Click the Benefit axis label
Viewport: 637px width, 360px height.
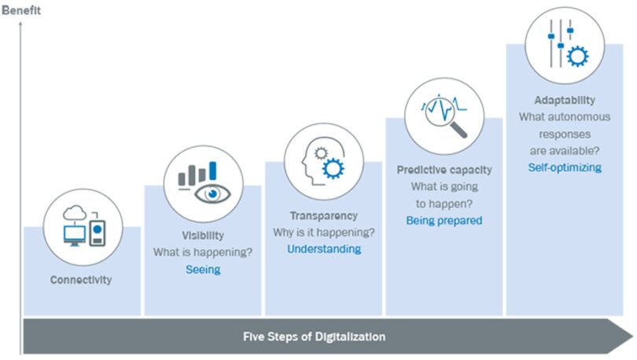[21, 10]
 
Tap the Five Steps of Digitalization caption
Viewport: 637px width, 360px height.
[314, 336]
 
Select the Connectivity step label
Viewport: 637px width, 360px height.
[81, 280]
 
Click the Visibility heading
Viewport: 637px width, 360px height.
[203, 235]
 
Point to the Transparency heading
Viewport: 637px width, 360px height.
[324, 215]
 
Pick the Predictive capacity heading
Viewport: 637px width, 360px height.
[444, 170]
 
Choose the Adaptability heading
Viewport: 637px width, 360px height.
[565, 100]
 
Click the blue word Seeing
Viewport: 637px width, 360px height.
[203, 270]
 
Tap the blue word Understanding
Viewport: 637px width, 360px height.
[324, 249]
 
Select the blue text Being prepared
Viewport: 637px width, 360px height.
[444, 220]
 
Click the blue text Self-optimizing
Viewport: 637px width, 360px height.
[565, 167]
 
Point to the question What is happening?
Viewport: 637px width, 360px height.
[203, 252]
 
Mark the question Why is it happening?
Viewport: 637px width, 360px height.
[324, 232]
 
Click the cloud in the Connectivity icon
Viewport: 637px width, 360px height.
[75, 213]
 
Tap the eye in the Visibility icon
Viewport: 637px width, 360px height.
[212, 193]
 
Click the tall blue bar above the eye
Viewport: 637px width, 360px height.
[212, 171]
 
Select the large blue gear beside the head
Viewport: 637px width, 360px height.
[333, 168]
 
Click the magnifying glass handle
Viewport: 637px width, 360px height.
[458, 130]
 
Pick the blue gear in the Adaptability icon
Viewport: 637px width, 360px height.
[577, 56]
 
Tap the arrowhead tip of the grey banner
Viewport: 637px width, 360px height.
[632, 336]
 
